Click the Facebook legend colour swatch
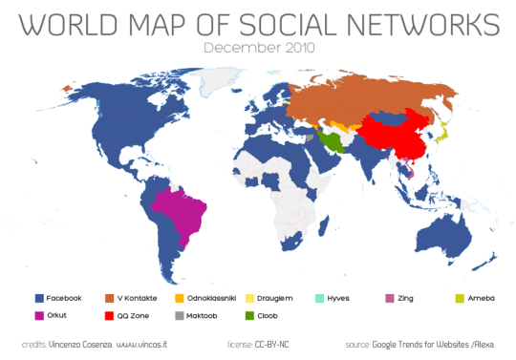37,299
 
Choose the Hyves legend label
346,299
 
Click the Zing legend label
408,299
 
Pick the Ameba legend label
481,299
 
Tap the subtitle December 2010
259,46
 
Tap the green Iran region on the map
332,142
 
